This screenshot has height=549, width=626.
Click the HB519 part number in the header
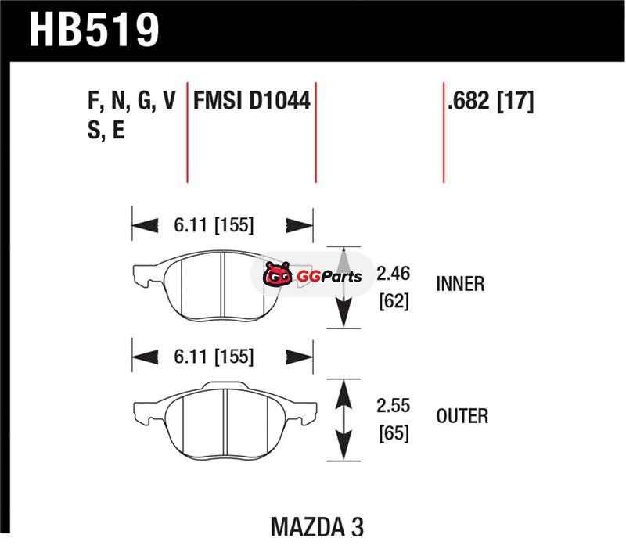pyautogui.click(x=94, y=30)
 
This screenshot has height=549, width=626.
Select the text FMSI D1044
pyautogui.click(x=252, y=100)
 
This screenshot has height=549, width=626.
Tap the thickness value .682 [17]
pyautogui.click(x=491, y=101)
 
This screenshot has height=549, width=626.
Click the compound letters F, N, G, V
pyautogui.click(x=131, y=101)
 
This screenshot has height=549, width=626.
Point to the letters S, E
pyautogui.click(x=106, y=130)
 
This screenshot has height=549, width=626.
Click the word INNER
pyautogui.click(x=460, y=284)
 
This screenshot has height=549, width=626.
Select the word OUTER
pyautogui.click(x=462, y=416)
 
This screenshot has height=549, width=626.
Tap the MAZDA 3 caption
pyautogui.click(x=318, y=526)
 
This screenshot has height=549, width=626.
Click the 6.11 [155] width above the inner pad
pyautogui.click(x=214, y=225)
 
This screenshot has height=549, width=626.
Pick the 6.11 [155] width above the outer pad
pyautogui.click(x=214, y=357)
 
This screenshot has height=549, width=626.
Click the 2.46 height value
pyautogui.click(x=394, y=274)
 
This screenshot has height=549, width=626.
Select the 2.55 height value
pyautogui.click(x=394, y=406)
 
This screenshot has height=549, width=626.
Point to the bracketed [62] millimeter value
pyautogui.click(x=394, y=301)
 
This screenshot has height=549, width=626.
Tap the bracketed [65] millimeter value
pyautogui.click(x=394, y=433)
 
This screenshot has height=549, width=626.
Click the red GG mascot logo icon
pyautogui.click(x=277, y=274)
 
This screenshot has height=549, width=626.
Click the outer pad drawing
pyautogui.click(x=225, y=420)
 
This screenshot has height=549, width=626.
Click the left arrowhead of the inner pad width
pyautogui.click(x=145, y=225)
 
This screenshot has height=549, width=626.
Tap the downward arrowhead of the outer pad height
pyautogui.click(x=344, y=446)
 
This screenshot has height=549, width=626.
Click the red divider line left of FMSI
pyautogui.click(x=187, y=132)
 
